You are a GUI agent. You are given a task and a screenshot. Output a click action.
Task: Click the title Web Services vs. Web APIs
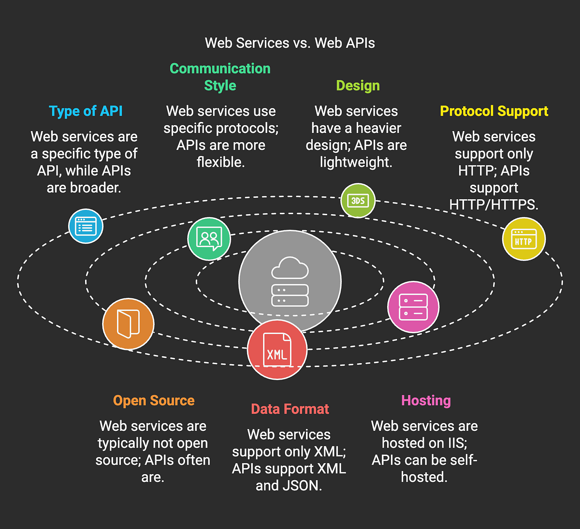[x=290, y=43]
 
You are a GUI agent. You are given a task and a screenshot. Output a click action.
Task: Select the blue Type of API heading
[x=86, y=111]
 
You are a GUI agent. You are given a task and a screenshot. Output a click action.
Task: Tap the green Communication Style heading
[x=220, y=77]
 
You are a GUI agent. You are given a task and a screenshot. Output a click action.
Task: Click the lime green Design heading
[x=358, y=86]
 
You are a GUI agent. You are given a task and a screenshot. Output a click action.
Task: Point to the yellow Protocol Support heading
[x=493, y=111]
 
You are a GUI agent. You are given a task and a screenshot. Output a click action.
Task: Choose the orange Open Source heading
[x=154, y=400]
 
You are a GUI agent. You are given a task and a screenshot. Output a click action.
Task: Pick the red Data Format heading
[x=290, y=409]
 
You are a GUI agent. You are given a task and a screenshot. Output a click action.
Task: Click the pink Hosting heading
[x=426, y=400]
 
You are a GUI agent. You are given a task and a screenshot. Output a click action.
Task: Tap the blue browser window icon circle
[x=86, y=226]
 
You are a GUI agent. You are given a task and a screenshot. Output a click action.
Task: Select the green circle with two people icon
[x=209, y=239]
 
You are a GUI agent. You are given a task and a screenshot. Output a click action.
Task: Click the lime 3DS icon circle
[x=358, y=200]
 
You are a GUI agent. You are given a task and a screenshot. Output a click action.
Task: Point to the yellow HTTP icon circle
[x=523, y=239]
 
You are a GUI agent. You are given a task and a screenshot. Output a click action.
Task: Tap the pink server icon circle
[x=413, y=307]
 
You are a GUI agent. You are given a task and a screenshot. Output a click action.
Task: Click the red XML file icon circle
[x=277, y=350]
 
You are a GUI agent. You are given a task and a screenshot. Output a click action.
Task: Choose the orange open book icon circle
[x=128, y=324]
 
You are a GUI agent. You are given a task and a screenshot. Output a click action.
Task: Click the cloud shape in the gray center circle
[x=290, y=269]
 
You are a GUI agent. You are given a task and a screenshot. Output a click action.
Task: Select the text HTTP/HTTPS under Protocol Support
[x=493, y=205]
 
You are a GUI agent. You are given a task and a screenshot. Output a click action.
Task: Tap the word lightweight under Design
[x=355, y=162]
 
